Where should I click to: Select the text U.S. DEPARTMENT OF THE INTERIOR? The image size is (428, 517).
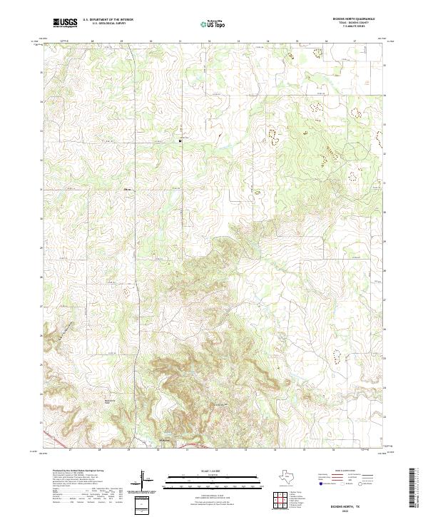click(x=108, y=20)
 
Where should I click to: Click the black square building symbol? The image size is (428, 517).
click(x=180, y=140)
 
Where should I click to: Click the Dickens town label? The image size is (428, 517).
click(x=165, y=441)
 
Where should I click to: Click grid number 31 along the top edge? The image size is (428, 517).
click(x=180, y=41)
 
